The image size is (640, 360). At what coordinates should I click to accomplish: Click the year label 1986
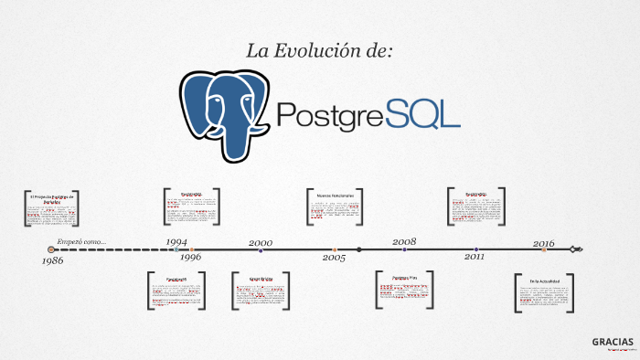(52, 261)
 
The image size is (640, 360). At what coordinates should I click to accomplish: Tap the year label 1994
(177, 242)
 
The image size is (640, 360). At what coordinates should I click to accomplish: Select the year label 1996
(190, 258)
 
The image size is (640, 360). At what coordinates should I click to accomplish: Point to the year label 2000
(261, 242)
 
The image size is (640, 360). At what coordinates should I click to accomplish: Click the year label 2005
(334, 258)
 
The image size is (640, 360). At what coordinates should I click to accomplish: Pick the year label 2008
(404, 242)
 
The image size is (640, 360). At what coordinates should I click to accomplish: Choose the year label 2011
(475, 258)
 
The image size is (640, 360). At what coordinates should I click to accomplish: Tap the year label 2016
(543, 243)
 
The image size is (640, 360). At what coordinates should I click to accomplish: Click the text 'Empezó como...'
(81, 242)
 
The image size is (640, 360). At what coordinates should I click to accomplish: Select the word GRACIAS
(612, 341)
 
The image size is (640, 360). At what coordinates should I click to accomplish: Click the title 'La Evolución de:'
(319, 51)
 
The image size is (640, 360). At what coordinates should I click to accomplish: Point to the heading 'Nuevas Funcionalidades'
(335, 196)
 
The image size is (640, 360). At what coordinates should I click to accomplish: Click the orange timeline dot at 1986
(51, 249)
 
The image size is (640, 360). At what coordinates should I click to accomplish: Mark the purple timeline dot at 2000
(261, 249)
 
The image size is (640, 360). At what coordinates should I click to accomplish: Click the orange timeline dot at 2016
(544, 249)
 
